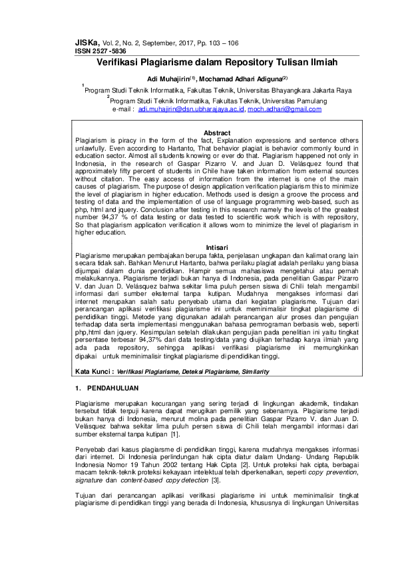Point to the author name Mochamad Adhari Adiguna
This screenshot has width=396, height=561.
click(x=244, y=79)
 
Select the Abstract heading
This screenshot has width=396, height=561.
click(x=216, y=133)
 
